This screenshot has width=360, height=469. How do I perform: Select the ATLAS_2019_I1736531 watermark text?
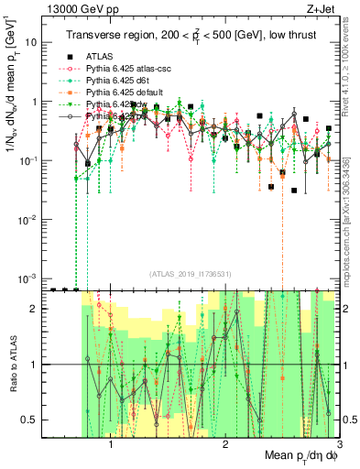coord(191,273)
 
